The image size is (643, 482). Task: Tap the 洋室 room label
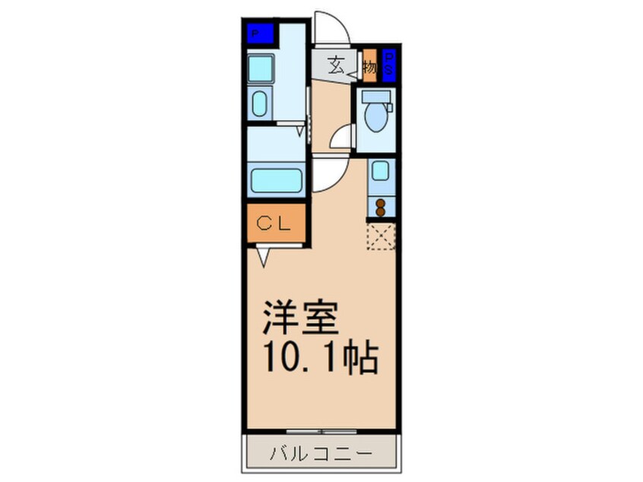(299, 319)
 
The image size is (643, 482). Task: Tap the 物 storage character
(369, 66)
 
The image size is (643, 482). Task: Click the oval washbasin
(259, 102)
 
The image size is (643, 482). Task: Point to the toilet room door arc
(344, 138)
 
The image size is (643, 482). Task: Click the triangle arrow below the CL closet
(263, 257)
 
